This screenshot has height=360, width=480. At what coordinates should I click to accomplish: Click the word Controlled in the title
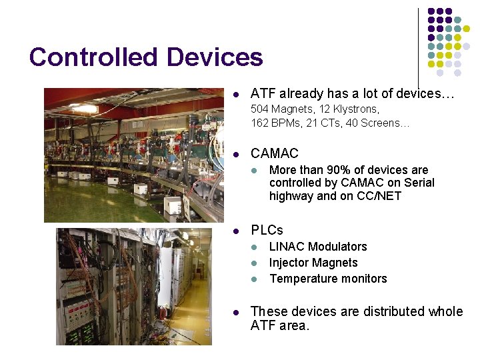click(93, 57)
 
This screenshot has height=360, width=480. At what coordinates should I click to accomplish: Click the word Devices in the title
click(215, 57)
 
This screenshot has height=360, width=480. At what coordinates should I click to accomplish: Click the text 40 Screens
click(378, 123)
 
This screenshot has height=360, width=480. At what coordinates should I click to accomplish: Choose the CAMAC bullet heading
click(274, 153)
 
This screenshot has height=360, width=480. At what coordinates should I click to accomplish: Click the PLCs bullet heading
click(267, 231)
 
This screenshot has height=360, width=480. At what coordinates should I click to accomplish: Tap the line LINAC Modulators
click(318, 247)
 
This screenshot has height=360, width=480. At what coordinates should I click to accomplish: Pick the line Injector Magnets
click(313, 263)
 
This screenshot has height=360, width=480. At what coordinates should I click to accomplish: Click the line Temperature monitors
click(328, 279)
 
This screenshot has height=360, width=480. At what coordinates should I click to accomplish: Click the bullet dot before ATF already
click(234, 94)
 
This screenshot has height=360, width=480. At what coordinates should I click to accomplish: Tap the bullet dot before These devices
click(234, 311)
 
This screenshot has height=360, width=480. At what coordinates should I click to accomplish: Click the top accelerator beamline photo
click(134, 155)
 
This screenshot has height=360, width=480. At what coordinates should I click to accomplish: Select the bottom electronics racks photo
click(133, 287)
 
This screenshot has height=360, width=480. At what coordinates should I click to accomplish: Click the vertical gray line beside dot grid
click(419, 47)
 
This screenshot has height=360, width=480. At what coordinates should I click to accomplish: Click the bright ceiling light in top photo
click(85, 108)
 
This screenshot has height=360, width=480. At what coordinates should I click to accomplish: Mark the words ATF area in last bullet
click(280, 326)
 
